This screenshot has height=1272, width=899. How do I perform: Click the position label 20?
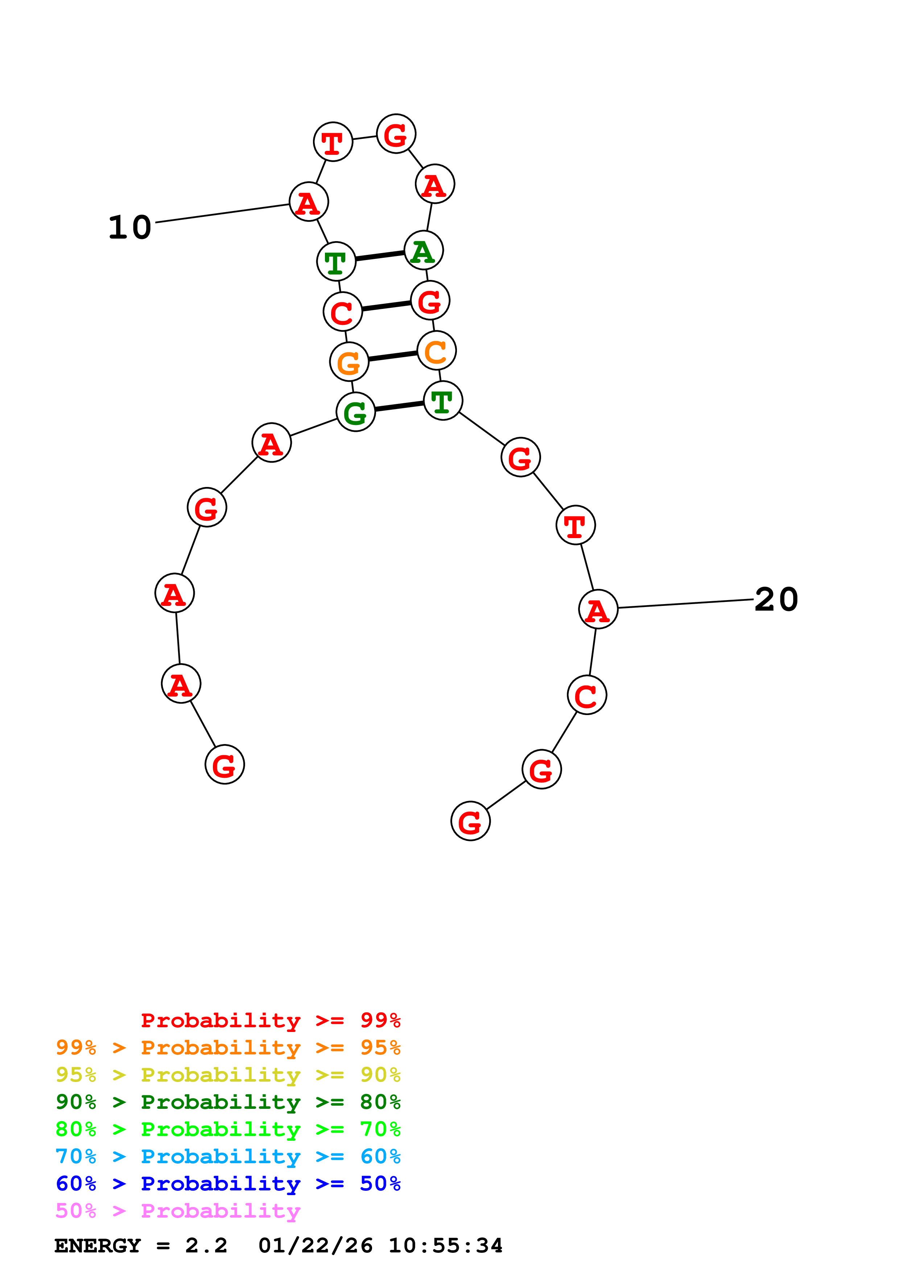click(x=776, y=599)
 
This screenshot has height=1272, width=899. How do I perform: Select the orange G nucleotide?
click(x=349, y=362)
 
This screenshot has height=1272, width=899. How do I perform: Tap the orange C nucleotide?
click(x=437, y=351)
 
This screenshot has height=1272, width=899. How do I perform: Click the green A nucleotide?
click(x=424, y=251)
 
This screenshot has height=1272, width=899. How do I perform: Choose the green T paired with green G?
click(x=442, y=401)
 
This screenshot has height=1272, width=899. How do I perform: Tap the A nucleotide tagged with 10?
click(x=309, y=202)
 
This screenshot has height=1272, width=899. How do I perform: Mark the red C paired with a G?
click(x=343, y=312)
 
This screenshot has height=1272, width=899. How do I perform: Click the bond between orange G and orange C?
click(x=393, y=356)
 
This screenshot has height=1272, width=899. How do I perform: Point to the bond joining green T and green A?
click(x=380, y=256)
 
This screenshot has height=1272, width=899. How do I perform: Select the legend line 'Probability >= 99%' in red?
click(x=270, y=1020)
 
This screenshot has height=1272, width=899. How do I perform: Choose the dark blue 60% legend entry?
click(x=228, y=1184)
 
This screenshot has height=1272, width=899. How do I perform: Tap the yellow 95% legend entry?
click(x=228, y=1074)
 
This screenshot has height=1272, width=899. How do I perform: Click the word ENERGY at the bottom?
click(x=98, y=1246)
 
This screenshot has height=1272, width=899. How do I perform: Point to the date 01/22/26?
click(x=315, y=1246)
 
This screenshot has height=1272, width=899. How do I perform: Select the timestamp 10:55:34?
click(x=445, y=1246)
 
